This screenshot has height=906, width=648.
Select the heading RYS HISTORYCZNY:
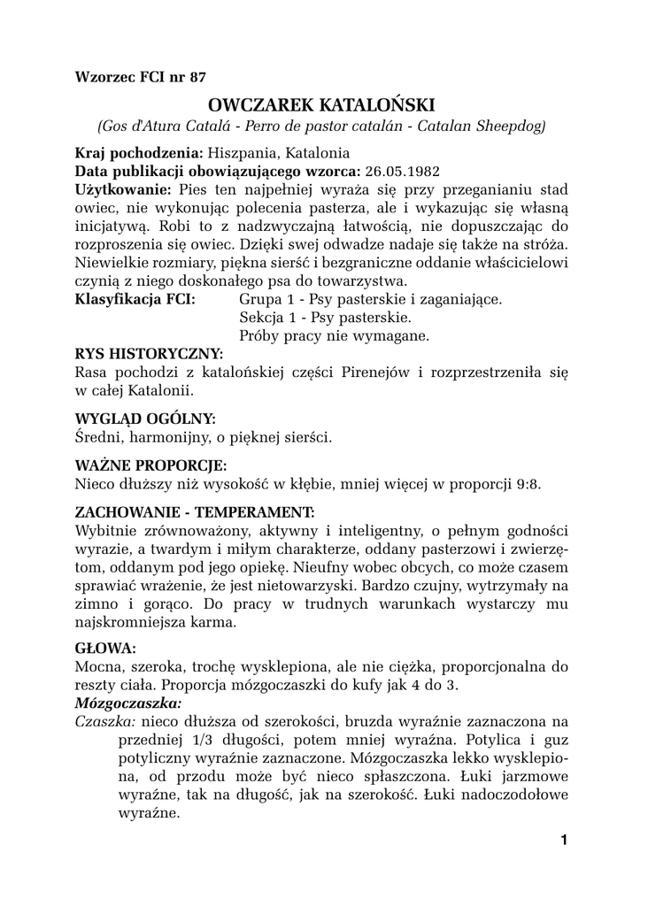[x=150, y=355]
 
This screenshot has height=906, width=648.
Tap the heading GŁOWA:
[x=105, y=648]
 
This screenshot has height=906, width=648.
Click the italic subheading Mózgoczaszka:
[x=128, y=703]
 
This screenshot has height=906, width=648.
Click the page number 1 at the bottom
[x=563, y=840]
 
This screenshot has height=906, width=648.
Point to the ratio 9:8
[x=523, y=484]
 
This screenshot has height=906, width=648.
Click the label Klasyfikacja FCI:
[x=135, y=300]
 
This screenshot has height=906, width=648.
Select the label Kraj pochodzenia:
[x=139, y=152]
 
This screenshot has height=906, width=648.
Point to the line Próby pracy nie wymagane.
[x=334, y=336]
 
